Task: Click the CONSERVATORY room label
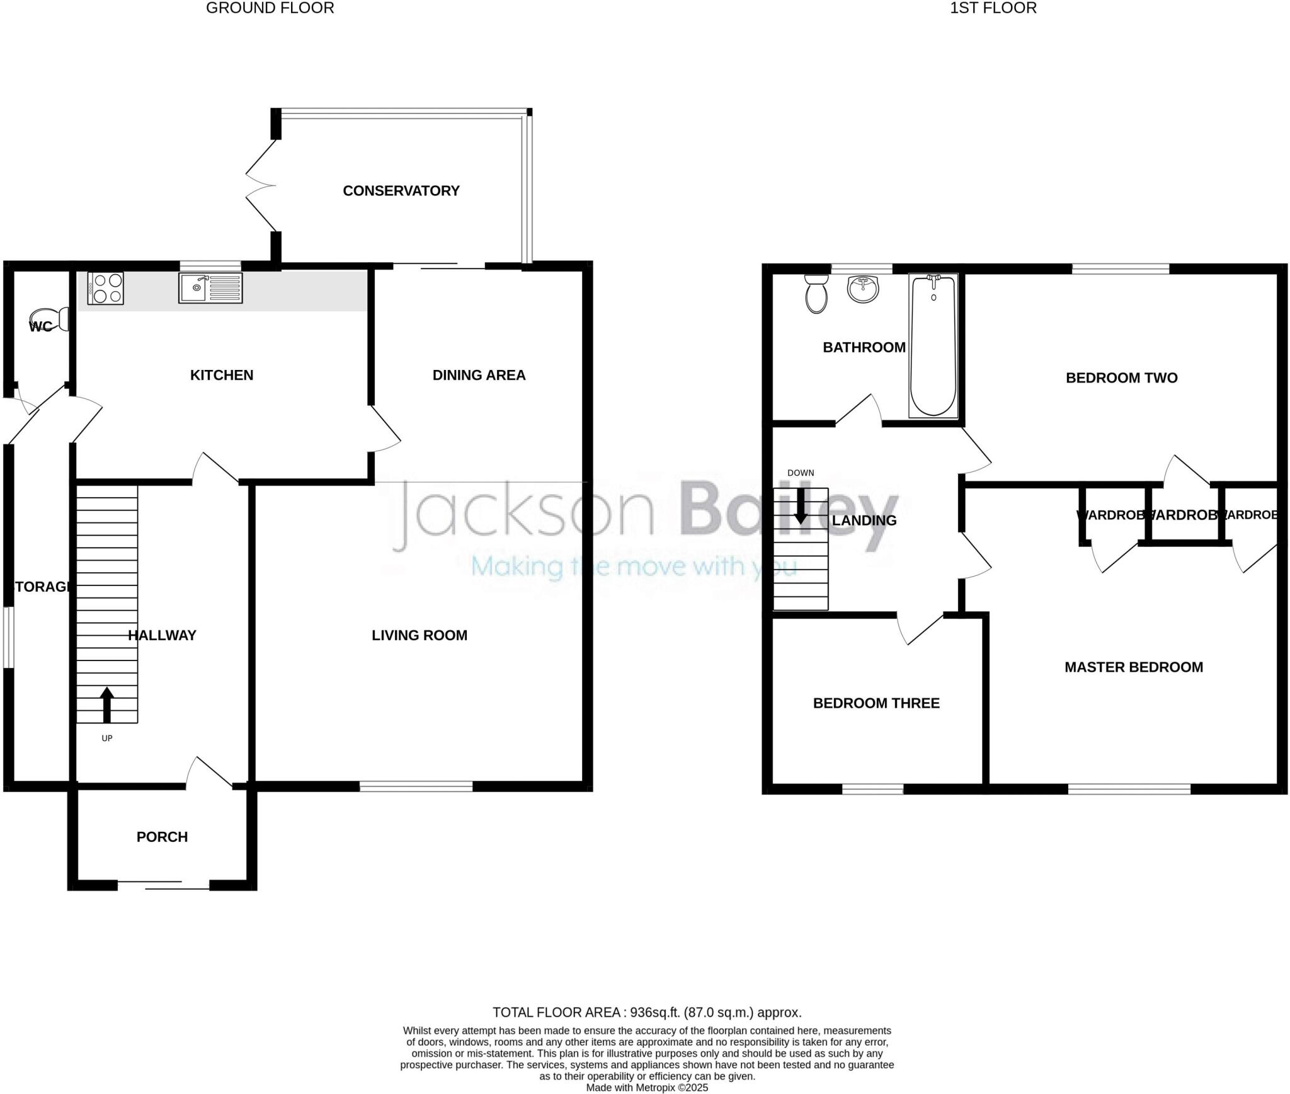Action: coord(401,191)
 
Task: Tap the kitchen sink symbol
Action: coord(210,288)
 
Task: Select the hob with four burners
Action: coord(106,288)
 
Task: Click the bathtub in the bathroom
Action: coord(933,345)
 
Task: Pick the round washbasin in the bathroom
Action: coord(863,289)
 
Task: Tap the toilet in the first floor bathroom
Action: coord(816,294)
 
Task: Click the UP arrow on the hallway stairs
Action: coord(107,704)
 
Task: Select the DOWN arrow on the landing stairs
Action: coord(801,505)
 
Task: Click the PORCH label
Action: coord(162,837)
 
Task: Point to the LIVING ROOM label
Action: coord(420,635)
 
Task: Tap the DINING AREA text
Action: coord(479,376)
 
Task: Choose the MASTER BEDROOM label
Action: coord(1134,667)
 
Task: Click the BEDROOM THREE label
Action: coord(876,703)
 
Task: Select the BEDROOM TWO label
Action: coord(1121,378)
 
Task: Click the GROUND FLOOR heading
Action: coord(270,8)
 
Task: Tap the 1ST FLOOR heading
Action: coord(993,8)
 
